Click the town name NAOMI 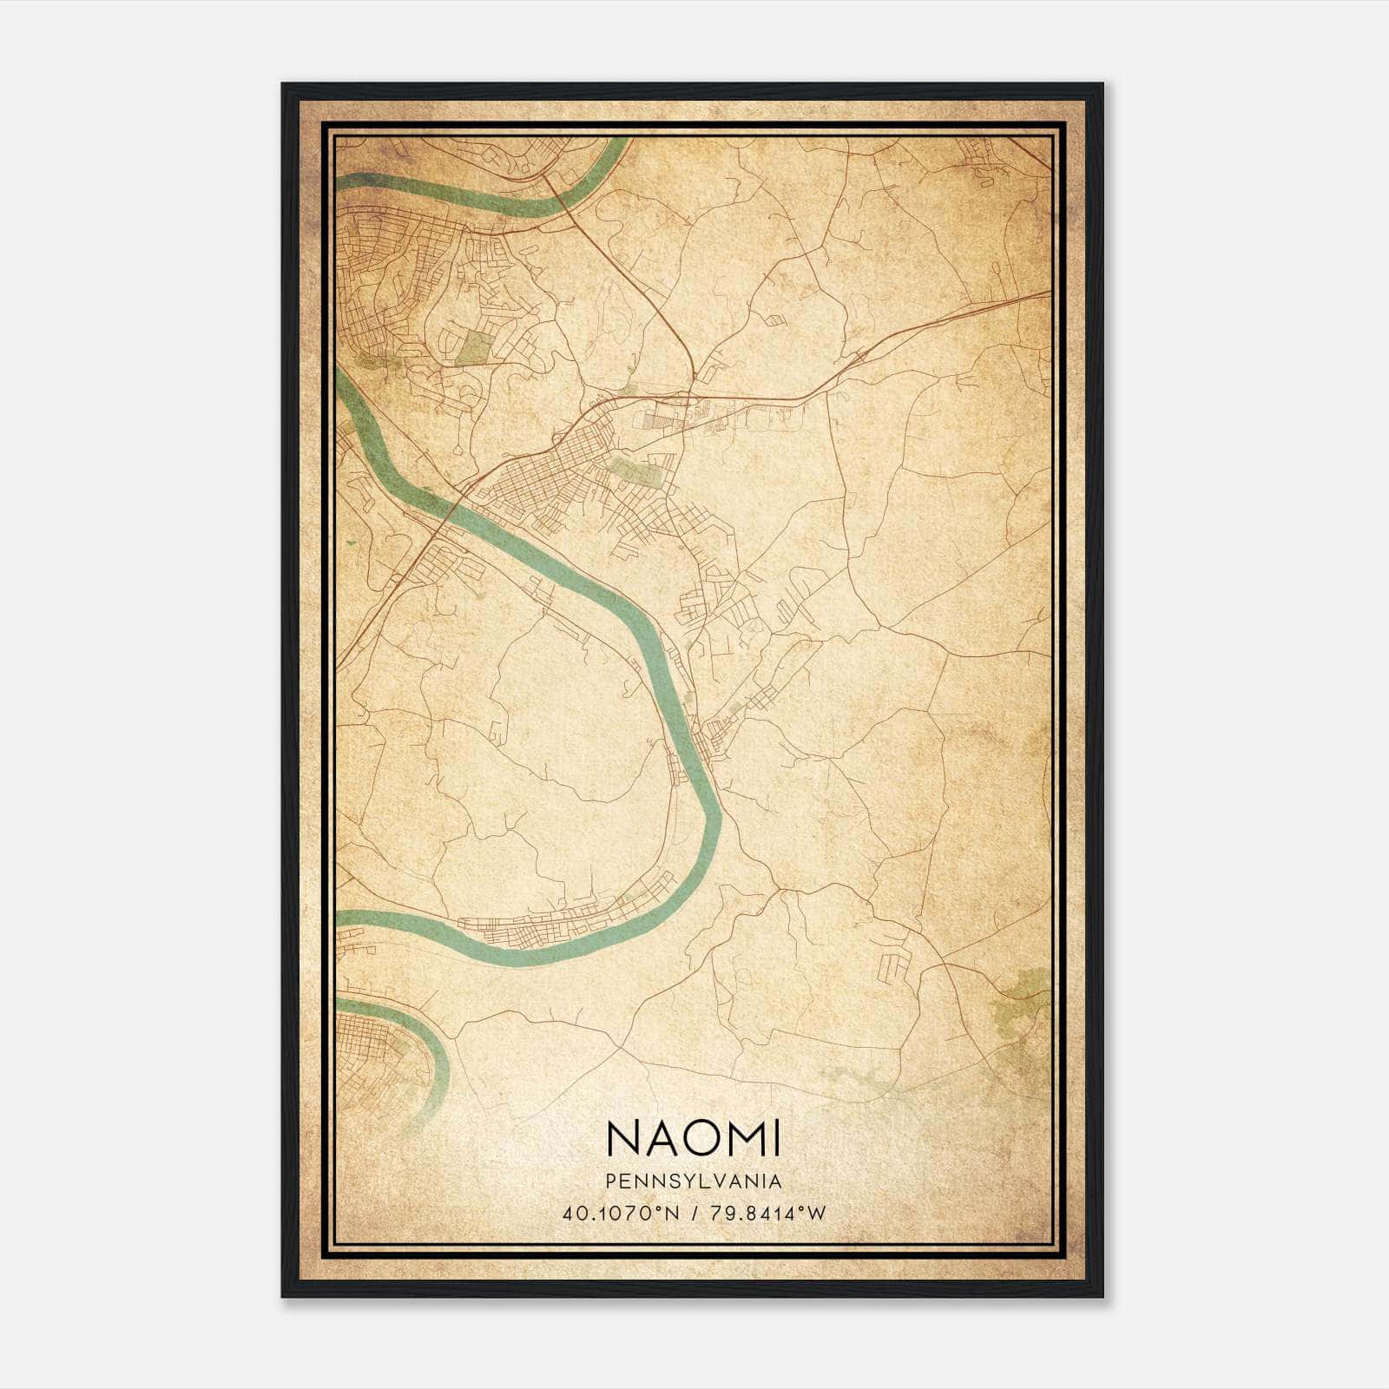tap(693, 1137)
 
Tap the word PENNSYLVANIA tap(693, 1182)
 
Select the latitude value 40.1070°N tap(615, 1213)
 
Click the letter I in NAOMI tap(776, 1137)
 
